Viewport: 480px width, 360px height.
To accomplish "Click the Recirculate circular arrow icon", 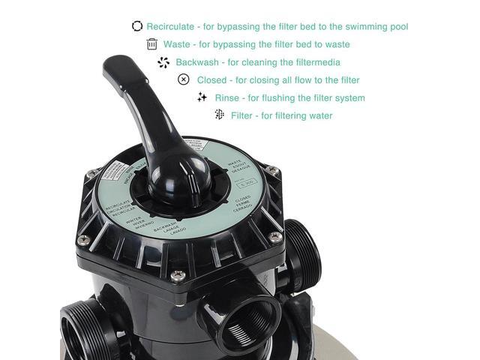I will pos(137,26).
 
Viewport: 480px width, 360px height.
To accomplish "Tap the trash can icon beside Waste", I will pos(152,44).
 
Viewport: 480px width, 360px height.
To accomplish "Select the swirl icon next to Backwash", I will pos(164,62).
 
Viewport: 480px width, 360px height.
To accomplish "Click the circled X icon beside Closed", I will pos(184,79).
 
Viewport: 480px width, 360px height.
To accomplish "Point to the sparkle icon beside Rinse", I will pos(202,97).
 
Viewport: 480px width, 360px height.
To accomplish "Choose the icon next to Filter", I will pos(219,115).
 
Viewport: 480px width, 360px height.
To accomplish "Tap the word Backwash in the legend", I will pos(197,62).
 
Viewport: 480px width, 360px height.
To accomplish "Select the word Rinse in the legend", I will pos(226,98).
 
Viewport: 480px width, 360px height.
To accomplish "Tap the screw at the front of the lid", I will pos(177,276).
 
